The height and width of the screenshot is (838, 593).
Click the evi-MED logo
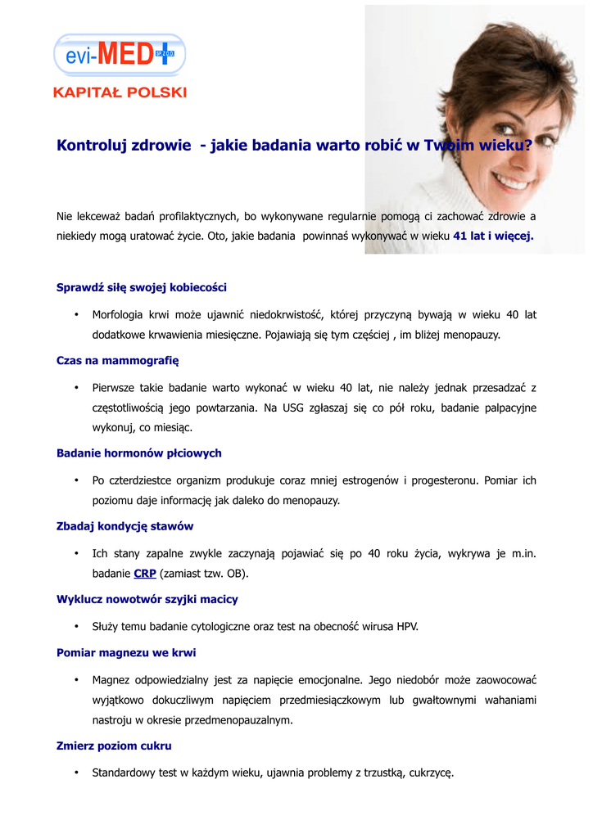tap(120, 55)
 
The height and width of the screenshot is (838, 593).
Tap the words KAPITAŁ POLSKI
tap(120, 92)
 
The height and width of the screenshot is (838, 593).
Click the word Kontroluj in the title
tap(89, 146)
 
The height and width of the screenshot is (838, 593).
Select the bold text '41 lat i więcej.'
tap(493, 236)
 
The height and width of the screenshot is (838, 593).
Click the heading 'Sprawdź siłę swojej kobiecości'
tap(142, 287)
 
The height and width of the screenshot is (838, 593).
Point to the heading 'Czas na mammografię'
tap(117, 360)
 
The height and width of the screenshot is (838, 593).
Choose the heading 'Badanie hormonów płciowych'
tap(138, 453)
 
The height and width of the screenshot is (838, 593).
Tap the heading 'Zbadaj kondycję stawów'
tap(124, 526)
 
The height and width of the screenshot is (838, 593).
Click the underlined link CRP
tap(145, 574)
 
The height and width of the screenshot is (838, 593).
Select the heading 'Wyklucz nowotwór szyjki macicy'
tap(147, 599)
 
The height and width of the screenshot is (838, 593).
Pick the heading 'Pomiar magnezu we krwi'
tap(126, 652)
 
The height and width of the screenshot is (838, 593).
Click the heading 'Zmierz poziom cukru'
tap(114, 746)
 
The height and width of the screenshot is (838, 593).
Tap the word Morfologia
tap(119, 314)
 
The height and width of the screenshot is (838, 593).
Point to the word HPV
tap(408, 627)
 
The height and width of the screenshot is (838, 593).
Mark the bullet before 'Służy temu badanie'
tap(75, 627)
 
